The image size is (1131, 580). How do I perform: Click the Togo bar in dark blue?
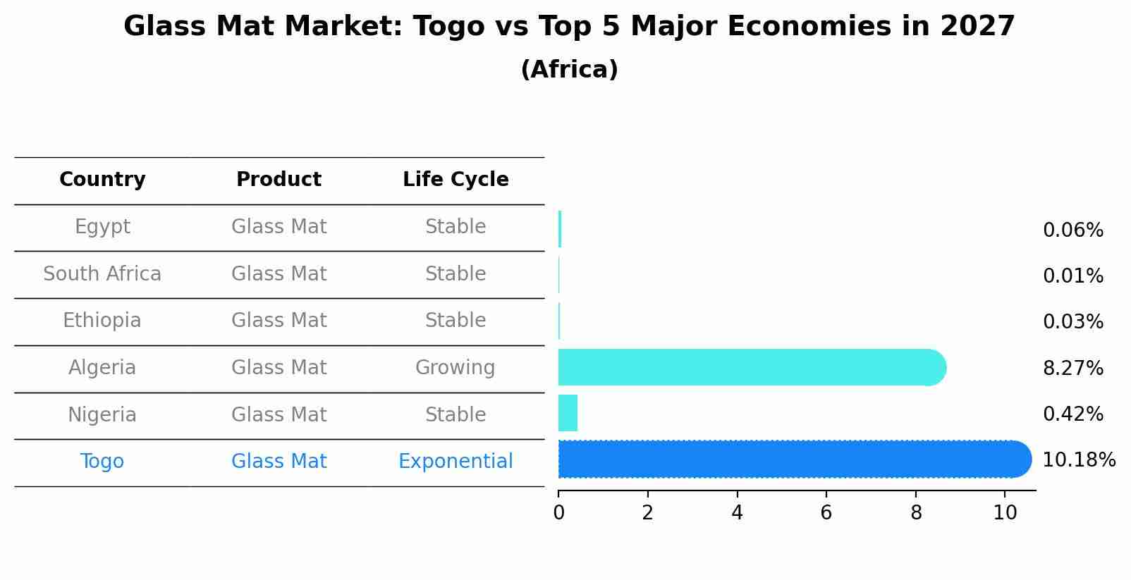pyautogui.click(x=793, y=459)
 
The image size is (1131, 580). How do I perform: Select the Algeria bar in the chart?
pyautogui.click(x=751, y=367)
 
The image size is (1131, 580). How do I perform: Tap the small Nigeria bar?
pyautogui.click(x=568, y=413)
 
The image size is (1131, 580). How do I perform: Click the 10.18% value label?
pyautogui.click(x=1078, y=460)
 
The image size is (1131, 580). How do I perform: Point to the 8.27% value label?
pyautogui.click(x=1072, y=368)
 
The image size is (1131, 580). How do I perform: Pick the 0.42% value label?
pyautogui.click(x=1072, y=414)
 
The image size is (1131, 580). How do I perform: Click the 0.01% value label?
pyautogui.click(x=1072, y=276)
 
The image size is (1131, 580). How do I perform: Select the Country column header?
pyautogui.click(x=102, y=180)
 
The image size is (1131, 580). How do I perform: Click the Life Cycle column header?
pyautogui.click(x=456, y=180)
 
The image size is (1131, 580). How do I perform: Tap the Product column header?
pyautogui.click(x=279, y=180)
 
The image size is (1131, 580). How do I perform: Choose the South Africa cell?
pyautogui.click(x=102, y=273)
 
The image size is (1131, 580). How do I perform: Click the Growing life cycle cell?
pyautogui.click(x=455, y=368)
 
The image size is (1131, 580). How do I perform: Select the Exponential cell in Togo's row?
pyautogui.click(x=456, y=462)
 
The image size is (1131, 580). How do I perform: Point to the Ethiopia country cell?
pyautogui.click(x=102, y=321)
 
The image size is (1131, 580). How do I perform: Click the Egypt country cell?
pyautogui.click(x=102, y=227)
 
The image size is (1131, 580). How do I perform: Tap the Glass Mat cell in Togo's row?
pyautogui.click(x=279, y=462)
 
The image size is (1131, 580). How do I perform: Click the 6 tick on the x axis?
pyautogui.click(x=826, y=513)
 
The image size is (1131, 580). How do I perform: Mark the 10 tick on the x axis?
pyautogui.click(x=1005, y=513)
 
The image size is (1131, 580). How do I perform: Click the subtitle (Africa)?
pyautogui.click(x=569, y=70)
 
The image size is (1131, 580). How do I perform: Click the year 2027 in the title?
pyautogui.click(x=977, y=27)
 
